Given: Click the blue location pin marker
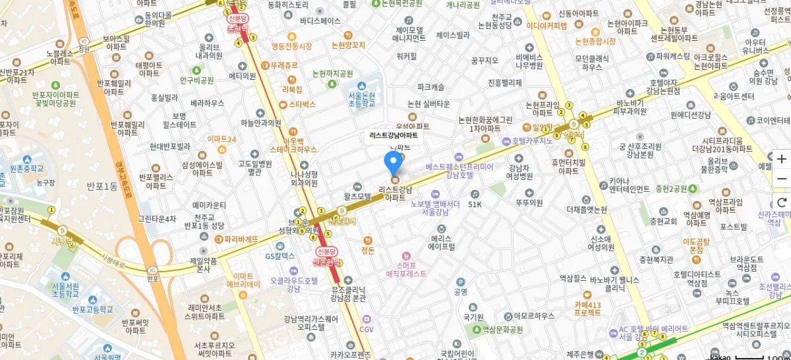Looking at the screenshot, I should (x=394, y=162).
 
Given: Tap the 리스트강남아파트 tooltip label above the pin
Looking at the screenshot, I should (x=394, y=135).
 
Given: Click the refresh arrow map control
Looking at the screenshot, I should (x=782, y=202).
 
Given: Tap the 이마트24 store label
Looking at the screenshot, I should (x=221, y=139).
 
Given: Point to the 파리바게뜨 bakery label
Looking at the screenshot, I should (x=241, y=239).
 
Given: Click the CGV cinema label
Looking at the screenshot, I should (x=366, y=329).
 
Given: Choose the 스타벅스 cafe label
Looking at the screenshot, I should (x=302, y=104).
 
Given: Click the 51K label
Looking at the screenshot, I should (x=475, y=204).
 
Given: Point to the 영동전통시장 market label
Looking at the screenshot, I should (x=291, y=46).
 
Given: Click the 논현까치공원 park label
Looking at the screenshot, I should (x=332, y=73).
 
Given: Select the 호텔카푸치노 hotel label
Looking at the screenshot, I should (x=530, y=141).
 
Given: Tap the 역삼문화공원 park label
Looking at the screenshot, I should (x=501, y=329).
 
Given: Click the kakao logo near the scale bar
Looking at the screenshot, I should (x=720, y=356).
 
